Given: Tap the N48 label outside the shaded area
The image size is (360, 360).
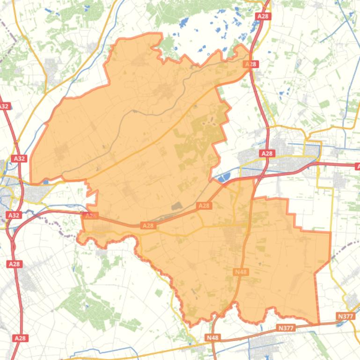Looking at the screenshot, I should (x=212, y=337).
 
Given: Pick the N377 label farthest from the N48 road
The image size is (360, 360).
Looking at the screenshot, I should (x=345, y=317).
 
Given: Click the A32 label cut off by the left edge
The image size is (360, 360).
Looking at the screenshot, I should (x=4, y=106).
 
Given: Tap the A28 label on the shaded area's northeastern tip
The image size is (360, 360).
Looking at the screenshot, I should (x=251, y=64).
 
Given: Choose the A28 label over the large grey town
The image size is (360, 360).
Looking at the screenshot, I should (x=267, y=153).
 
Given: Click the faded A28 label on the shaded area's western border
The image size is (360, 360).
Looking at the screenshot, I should (x=90, y=216).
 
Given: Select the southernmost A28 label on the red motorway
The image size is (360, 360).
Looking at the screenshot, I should (x=20, y=338).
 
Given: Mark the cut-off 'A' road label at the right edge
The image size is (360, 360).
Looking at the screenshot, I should (x=357, y=166).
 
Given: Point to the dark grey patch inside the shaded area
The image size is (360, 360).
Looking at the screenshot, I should (x=176, y=206).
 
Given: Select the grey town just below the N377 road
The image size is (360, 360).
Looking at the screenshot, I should (x=267, y=344).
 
